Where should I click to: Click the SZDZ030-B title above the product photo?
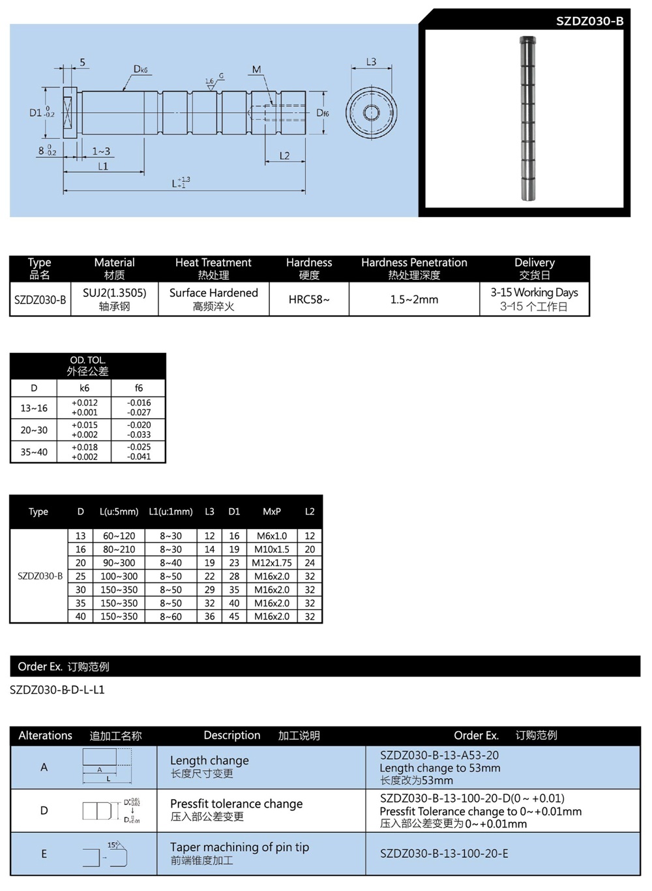[589, 21]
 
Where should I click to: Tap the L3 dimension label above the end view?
[371, 62]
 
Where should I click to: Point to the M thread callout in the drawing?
[256, 69]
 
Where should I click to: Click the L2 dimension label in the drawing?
[284, 155]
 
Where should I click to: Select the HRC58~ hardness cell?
[309, 299]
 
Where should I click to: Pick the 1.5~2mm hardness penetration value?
[414, 299]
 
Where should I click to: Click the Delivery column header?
[534, 262]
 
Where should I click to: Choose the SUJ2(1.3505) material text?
[115, 293]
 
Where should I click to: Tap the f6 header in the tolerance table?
[139, 388]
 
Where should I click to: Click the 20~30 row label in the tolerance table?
[34, 430]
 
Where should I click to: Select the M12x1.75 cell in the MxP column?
[272, 563]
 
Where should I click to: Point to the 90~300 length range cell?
[119, 563]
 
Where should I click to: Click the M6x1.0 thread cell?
[272, 536]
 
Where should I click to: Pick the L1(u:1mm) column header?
[171, 511]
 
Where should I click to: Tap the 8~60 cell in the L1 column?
[171, 616]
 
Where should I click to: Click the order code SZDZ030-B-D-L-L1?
[57, 689]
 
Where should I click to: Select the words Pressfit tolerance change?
[236, 804]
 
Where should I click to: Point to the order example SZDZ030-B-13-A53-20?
[439, 755]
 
